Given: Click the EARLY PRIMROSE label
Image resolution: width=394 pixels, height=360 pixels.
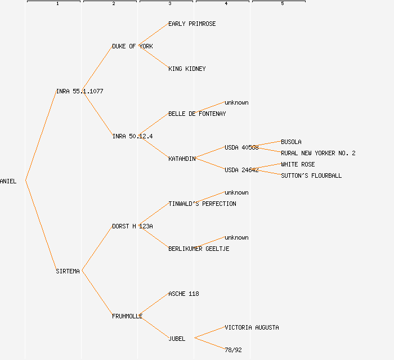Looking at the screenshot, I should pyautogui.click(x=192, y=24).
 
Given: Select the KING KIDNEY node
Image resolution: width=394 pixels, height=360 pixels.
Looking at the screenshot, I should pyautogui.click(x=187, y=69).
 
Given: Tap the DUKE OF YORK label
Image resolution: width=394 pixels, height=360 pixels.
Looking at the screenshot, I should pyautogui.click(x=132, y=47).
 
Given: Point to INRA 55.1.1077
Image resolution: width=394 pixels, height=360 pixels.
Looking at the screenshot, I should pyautogui.click(x=79, y=92).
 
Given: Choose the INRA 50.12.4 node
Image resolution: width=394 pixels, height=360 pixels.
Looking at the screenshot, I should pyautogui.click(x=132, y=137).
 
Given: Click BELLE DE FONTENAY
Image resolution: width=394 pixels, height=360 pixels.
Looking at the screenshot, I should pyautogui.click(x=197, y=114).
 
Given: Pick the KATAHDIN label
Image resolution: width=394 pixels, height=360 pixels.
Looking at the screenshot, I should pyautogui.click(x=182, y=159).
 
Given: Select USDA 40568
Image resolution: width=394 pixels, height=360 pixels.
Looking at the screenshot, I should pyautogui.click(x=241, y=148).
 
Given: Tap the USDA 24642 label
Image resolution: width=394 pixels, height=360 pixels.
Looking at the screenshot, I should pyautogui.click(x=241, y=170).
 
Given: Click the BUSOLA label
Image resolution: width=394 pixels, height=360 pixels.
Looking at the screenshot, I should pyautogui.click(x=291, y=142).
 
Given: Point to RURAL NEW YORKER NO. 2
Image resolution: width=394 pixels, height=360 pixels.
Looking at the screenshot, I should pyautogui.click(x=318, y=154).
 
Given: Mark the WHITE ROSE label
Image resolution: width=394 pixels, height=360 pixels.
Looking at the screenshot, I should pyautogui.click(x=298, y=165).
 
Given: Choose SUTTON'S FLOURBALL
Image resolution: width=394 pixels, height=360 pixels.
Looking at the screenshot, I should pyautogui.click(x=311, y=176).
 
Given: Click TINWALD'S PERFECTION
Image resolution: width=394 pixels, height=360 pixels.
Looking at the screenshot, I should pyautogui.click(x=202, y=204).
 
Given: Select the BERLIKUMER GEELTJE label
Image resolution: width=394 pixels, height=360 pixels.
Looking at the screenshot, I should pyautogui.click(x=199, y=249).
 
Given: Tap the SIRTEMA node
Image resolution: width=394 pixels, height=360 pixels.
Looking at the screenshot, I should pyautogui.click(x=68, y=272).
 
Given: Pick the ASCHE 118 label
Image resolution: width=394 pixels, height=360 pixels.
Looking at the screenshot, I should pyautogui.click(x=183, y=294).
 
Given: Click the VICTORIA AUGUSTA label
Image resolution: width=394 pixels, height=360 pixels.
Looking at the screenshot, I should pyautogui.click(x=252, y=328).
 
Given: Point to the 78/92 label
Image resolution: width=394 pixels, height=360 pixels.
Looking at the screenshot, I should pyautogui.click(x=233, y=350).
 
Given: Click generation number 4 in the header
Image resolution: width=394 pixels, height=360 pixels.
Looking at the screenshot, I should pyautogui.click(x=226, y=4).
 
